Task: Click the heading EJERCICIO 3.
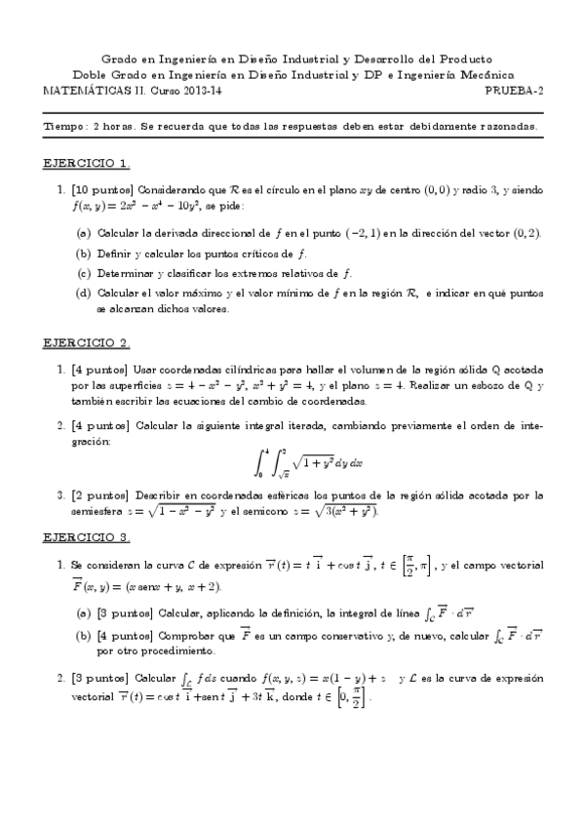[88, 536]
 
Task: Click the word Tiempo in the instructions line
[65, 126]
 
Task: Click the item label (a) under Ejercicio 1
[85, 234]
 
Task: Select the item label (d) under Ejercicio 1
[85, 292]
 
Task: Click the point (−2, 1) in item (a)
[385, 234]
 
